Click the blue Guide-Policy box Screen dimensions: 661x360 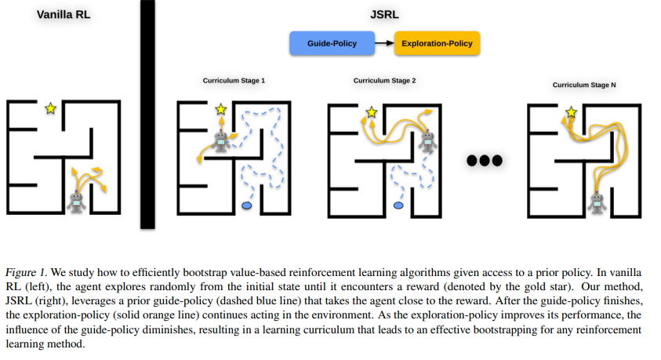click(x=332, y=43)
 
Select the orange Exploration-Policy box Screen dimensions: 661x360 click(x=437, y=43)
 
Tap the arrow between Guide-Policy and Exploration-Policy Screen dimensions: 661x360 click(x=384, y=43)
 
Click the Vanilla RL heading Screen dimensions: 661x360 click(x=64, y=15)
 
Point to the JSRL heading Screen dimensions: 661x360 click(x=384, y=15)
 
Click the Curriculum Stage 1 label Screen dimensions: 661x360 click(x=234, y=81)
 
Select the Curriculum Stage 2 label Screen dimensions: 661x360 click(x=384, y=81)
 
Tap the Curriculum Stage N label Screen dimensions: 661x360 click(x=584, y=85)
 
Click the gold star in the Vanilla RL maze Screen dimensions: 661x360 click(x=51, y=109)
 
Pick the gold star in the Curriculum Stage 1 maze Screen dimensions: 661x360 click(x=221, y=110)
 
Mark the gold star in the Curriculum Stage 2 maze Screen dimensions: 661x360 click(x=372, y=113)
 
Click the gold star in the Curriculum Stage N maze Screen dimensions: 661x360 click(x=571, y=113)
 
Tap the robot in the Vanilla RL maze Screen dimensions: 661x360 click(x=76, y=202)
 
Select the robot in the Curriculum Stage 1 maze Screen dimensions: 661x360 click(x=221, y=142)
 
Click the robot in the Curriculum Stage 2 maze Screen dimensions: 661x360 click(x=427, y=141)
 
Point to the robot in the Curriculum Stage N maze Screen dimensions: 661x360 click(x=597, y=202)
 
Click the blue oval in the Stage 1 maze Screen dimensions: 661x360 click(x=247, y=205)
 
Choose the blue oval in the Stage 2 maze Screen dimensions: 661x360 click(x=398, y=205)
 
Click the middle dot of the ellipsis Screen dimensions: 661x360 click(x=485, y=161)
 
